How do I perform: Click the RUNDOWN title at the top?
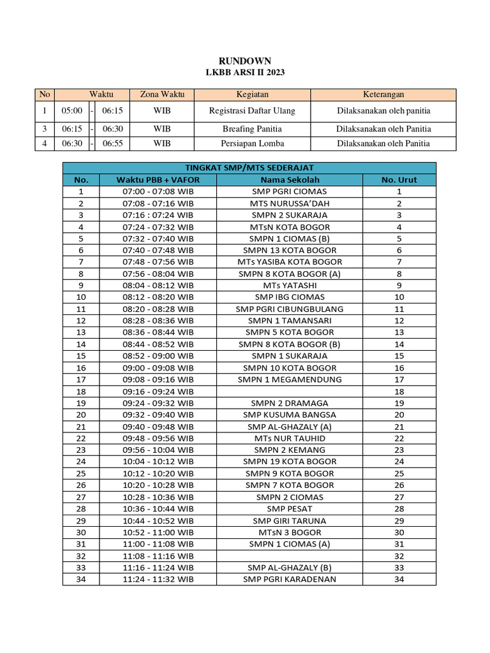[245, 61]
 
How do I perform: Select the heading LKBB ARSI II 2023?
[245, 73]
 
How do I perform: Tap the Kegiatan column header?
[252, 94]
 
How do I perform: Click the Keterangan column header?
[383, 94]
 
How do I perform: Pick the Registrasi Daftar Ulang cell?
[252, 111]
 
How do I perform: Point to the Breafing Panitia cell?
[252, 128]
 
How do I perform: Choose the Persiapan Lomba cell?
[252, 143]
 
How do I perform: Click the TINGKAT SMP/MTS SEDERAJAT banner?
[249, 168]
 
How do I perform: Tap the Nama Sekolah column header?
[290, 180]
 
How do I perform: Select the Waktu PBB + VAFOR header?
[158, 180]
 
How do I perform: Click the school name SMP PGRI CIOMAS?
[290, 191]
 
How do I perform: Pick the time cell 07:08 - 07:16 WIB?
[158, 203]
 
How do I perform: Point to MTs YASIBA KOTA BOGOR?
[290, 262]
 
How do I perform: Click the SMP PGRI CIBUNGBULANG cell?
[290, 309]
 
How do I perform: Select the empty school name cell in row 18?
[290, 392]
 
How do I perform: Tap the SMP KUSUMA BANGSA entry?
[290, 415]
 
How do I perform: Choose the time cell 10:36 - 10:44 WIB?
[158, 509]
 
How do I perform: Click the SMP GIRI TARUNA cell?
[290, 520]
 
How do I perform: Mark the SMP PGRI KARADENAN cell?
[290, 579]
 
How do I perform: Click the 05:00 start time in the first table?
[72, 111]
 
